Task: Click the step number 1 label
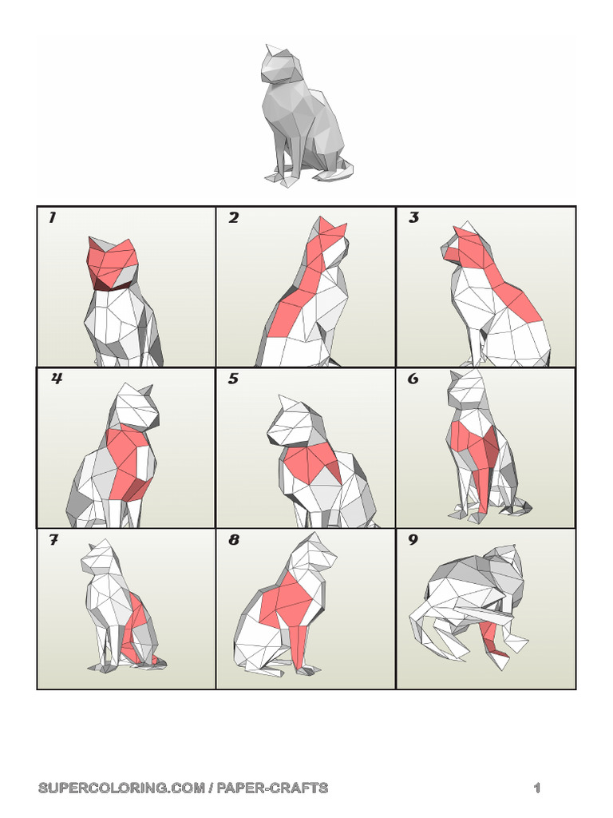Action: [52, 218]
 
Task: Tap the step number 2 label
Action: [233, 218]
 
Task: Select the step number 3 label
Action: [413, 218]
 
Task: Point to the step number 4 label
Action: [56, 379]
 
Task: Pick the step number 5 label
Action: [233, 379]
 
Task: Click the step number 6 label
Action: [413, 379]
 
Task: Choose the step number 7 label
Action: [53, 541]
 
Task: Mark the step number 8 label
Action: [234, 541]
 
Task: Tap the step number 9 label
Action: [413, 541]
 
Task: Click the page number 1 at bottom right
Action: [537, 788]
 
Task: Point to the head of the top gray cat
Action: [278, 66]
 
